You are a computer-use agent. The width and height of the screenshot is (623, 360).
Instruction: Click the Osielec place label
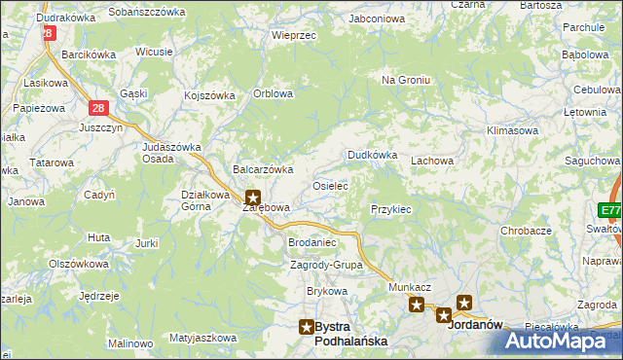click(x=329, y=185)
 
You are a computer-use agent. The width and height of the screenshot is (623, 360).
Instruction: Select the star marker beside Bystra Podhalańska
click(x=307, y=327)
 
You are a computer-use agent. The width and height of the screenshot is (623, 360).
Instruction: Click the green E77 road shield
click(x=610, y=210)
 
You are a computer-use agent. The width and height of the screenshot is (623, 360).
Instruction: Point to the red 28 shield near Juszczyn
click(x=97, y=109)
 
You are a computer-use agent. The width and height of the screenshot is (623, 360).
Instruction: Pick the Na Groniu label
click(x=406, y=80)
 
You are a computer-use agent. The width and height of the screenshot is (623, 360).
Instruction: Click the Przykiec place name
click(x=391, y=209)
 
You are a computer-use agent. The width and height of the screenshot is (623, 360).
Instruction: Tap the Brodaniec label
click(x=311, y=242)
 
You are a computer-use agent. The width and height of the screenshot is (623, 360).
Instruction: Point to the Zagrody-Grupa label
click(x=326, y=265)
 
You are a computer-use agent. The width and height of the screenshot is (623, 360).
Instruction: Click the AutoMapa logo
click(x=561, y=341)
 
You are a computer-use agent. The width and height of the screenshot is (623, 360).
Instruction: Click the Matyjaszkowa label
click(x=202, y=338)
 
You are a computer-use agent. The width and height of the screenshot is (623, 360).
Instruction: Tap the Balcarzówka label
click(x=263, y=169)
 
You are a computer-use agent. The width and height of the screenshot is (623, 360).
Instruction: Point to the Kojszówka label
click(x=210, y=95)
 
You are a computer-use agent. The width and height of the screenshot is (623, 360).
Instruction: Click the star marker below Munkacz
click(x=417, y=306)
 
